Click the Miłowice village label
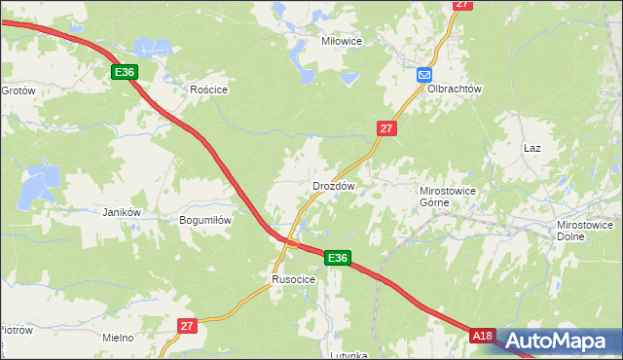pyautogui.click(x=342, y=42)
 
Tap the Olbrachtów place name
pyautogui.click(x=455, y=89)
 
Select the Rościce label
pyautogui.click(x=208, y=90)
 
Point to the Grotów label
pyautogui.click(x=18, y=90)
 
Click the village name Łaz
pyautogui.click(x=531, y=148)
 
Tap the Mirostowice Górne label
pyautogui.click(x=447, y=198)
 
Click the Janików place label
pyautogui.click(x=123, y=212)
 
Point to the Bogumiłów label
pyautogui.click(x=205, y=220)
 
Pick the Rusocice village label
pyautogui.click(x=293, y=279)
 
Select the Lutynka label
pyautogui.click(x=348, y=355)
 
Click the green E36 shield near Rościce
pyautogui.click(x=124, y=73)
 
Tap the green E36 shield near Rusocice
pyautogui.click(x=337, y=258)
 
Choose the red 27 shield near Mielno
pyautogui.click(x=188, y=327)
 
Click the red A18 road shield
pyautogui.click(x=483, y=336)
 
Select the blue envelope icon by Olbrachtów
pyautogui.click(x=424, y=75)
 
